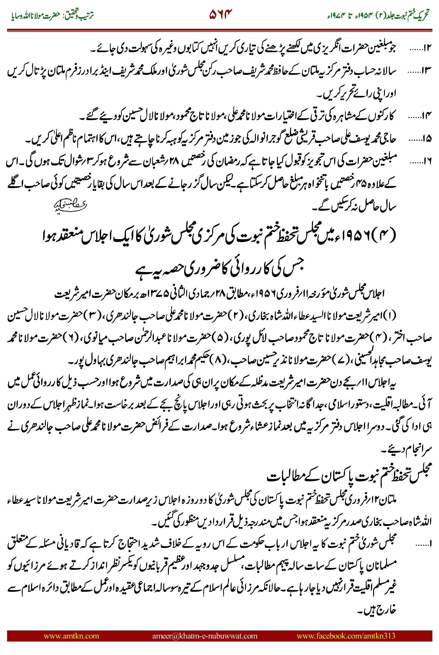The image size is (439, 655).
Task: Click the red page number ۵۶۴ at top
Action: click(x=221, y=14)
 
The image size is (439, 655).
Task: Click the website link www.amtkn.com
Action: click(x=71, y=636)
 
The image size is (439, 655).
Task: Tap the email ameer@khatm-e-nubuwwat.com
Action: click(x=205, y=636)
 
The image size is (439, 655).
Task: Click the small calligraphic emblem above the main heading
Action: click(x=70, y=206)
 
